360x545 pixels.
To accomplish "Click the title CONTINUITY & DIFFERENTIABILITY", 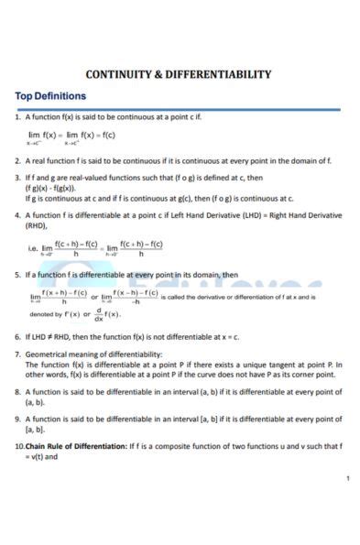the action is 179,75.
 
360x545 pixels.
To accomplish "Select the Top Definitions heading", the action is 50,96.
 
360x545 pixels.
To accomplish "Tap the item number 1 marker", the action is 17,118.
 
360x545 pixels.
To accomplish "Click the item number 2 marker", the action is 17,160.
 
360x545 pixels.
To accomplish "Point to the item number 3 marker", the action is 17,179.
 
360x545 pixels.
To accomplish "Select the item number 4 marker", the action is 17,216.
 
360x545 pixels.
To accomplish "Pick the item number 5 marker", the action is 17,274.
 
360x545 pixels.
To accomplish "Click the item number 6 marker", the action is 17,336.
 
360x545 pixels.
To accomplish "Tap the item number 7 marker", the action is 17,354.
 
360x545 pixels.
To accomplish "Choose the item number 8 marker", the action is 17,391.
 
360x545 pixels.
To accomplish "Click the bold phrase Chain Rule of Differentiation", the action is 76,445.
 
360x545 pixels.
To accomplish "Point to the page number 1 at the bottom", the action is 347,479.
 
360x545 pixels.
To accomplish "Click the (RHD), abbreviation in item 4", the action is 38,225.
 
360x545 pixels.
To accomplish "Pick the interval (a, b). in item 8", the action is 36,400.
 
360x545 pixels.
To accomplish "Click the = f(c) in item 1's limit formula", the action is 103,136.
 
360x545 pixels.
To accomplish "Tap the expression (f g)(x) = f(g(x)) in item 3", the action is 51,188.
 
